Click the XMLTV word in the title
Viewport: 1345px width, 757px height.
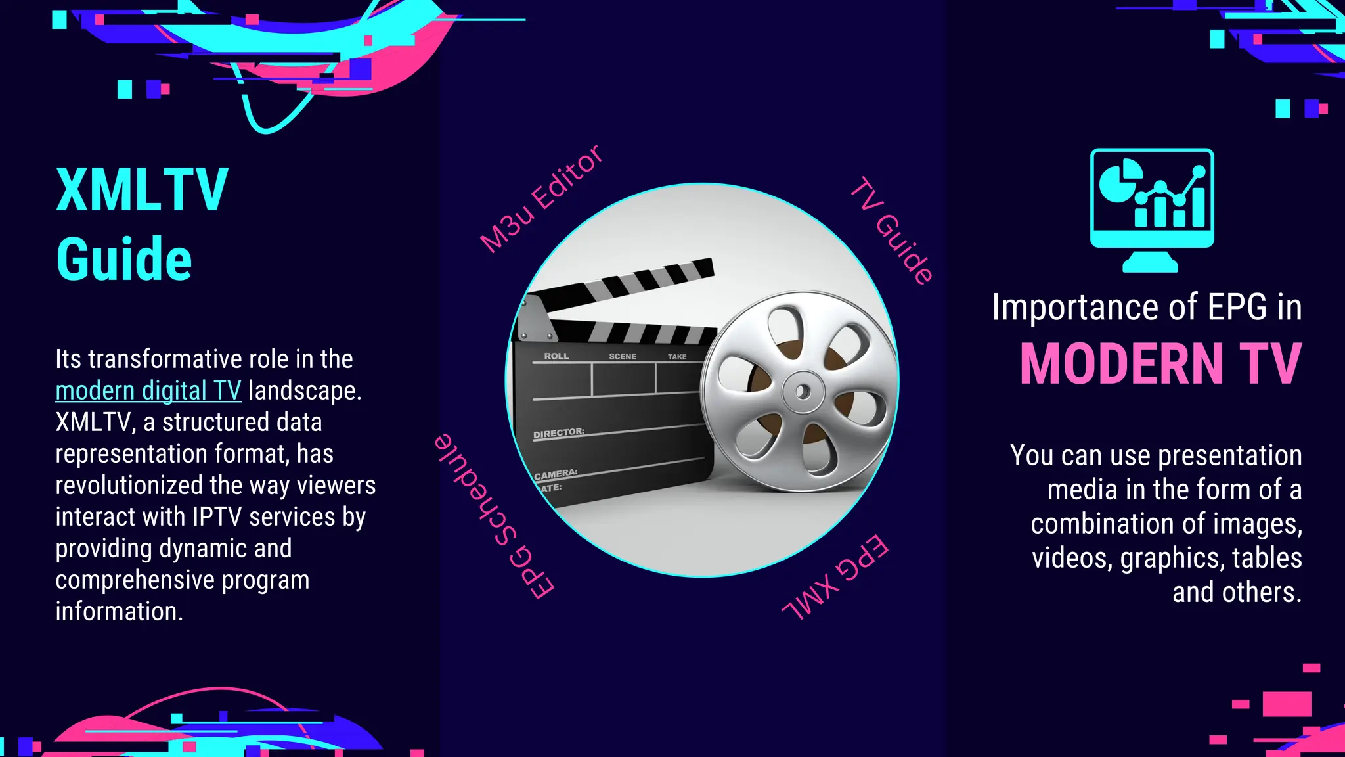click(142, 190)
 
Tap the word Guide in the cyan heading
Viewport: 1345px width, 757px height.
click(124, 260)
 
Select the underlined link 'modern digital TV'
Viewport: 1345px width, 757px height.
click(148, 391)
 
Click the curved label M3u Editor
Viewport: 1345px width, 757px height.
click(540, 198)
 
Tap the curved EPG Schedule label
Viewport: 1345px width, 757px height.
click(494, 516)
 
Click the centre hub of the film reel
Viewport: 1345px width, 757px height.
click(803, 392)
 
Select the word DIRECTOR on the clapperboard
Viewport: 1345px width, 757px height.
click(558, 433)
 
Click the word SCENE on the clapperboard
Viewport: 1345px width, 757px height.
click(622, 356)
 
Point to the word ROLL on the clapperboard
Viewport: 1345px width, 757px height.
click(556, 356)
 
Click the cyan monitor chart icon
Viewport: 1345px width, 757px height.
click(1151, 210)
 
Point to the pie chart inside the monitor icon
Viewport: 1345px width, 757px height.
click(1118, 181)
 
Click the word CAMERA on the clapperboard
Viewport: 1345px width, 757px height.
click(556, 474)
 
